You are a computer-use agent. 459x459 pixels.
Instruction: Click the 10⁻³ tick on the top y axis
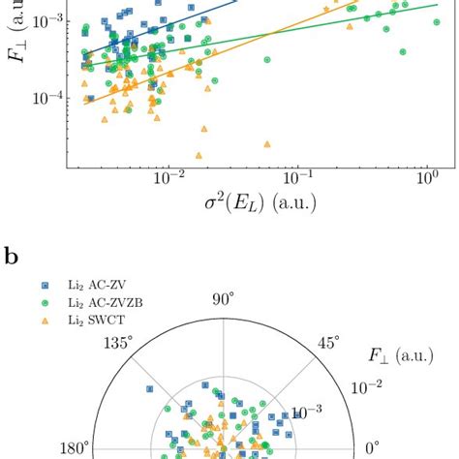point(46,20)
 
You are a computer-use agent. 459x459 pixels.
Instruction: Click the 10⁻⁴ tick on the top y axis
point(46,99)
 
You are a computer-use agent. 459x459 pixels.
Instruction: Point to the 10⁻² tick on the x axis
point(168,181)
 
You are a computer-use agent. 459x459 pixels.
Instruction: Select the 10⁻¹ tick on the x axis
point(297,181)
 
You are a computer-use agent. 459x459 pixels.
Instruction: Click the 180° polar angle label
point(74,449)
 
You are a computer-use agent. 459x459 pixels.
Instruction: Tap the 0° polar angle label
point(372,449)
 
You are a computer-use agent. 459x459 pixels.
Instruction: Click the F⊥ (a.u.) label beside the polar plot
point(396,369)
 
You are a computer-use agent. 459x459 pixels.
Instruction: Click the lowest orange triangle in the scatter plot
point(199,155)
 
